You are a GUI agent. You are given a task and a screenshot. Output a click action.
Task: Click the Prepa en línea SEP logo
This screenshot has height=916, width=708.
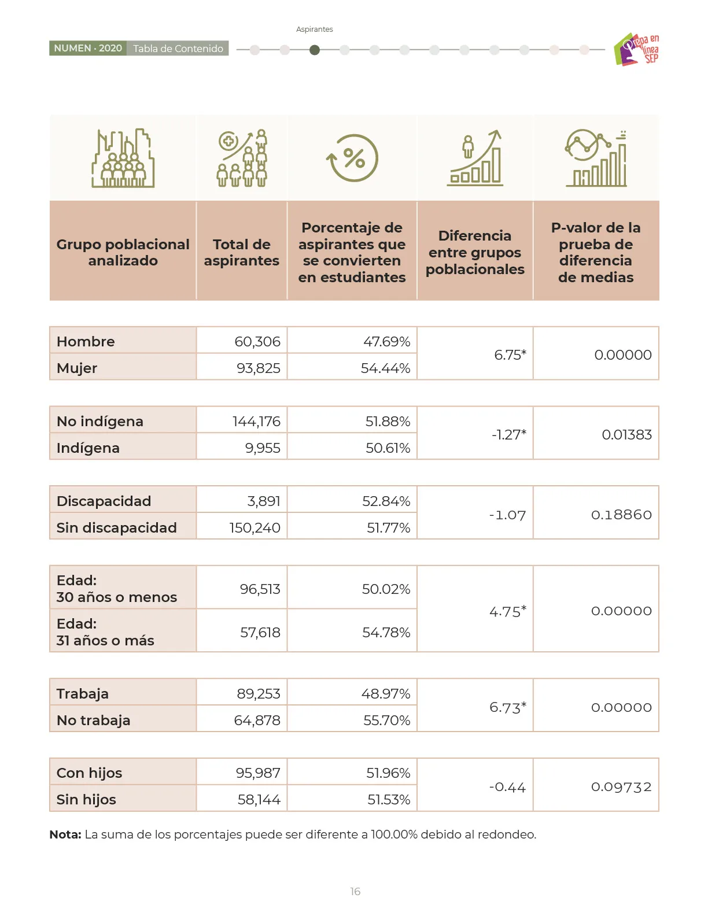(636, 49)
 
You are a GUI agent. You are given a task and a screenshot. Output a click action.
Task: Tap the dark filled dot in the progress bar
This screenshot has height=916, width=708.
(314, 50)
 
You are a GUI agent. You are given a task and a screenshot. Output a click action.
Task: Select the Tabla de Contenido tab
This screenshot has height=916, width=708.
(178, 49)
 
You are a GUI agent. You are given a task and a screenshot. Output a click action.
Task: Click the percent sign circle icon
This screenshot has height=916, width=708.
(352, 158)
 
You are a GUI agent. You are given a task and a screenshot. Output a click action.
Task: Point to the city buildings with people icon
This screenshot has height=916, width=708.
(123, 158)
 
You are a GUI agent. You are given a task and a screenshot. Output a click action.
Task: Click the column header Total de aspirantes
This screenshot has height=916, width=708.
(242, 252)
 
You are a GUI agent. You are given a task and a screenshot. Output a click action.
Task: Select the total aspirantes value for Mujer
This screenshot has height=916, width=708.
(258, 368)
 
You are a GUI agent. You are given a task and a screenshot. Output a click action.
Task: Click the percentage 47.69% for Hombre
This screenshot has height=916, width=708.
(386, 341)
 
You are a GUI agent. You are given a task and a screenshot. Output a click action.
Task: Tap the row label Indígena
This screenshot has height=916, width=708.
(88, 448)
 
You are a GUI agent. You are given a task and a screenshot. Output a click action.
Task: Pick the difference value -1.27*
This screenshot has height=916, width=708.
(509, 434)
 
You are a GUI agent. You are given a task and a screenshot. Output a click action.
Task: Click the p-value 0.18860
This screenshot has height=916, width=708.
(621, 514)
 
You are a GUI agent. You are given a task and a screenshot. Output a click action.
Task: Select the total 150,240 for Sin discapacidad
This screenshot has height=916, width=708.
(255, 527)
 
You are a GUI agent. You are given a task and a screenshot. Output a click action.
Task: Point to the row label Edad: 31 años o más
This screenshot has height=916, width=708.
(105, 632)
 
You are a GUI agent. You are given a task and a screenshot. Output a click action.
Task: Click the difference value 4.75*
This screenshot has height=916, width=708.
(508, 611)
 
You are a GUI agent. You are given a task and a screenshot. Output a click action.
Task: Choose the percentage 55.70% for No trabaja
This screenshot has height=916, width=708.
(386, 720)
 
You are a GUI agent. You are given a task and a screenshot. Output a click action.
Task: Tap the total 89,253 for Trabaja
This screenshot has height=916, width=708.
(258, 693)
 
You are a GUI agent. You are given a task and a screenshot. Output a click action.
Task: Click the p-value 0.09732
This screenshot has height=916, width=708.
(621, 786)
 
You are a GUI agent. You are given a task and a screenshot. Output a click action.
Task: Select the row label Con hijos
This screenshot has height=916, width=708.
(89, 773)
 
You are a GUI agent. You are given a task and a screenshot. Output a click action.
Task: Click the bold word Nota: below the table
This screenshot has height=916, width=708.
(65, 834)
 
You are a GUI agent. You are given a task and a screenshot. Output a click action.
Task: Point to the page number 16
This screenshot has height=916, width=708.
(355, 891)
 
